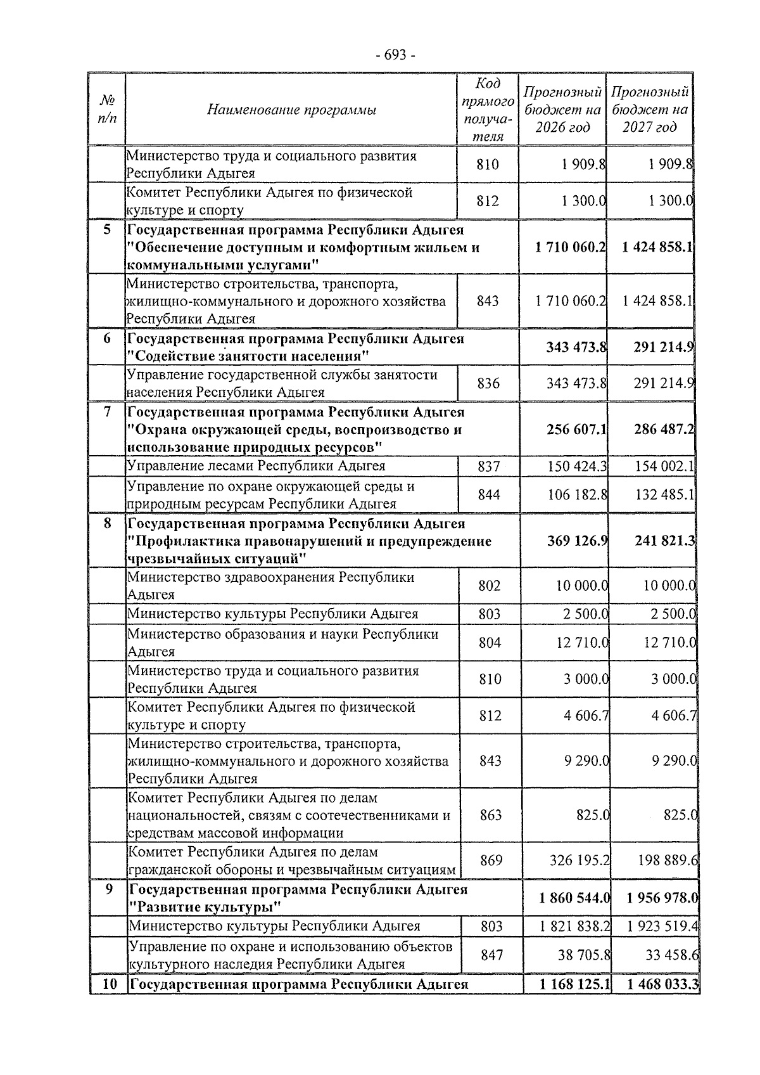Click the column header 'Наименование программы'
291,110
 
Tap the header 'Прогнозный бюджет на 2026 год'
562,110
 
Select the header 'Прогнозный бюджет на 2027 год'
650,110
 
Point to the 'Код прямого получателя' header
488,110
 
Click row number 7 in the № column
107,413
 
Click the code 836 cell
488,383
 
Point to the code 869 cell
491,860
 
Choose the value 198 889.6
666,860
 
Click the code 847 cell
491,955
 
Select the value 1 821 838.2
574,926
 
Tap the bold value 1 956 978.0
662,898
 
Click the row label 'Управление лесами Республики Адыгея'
256,467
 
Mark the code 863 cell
491,815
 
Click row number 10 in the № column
109,985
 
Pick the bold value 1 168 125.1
574,985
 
